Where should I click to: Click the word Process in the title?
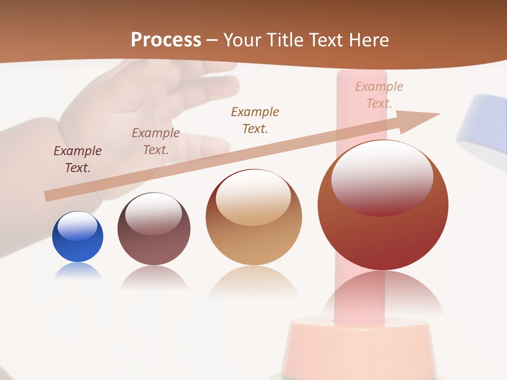(166, 40)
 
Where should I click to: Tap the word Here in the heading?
(368, 40)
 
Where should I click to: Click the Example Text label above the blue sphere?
(78, 159)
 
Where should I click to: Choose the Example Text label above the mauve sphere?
(156, 141)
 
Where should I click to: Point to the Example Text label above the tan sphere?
(255, 120)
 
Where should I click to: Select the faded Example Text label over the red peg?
(379, 95)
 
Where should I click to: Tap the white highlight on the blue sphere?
(77, 226)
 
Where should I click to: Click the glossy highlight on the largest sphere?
(382, 177)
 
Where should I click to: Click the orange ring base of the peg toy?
(359, 343)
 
